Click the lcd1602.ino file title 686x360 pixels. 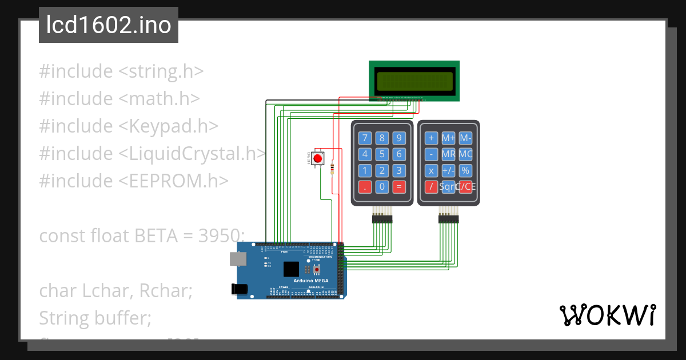109,26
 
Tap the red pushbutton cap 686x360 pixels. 318,158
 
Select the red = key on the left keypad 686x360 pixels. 399,186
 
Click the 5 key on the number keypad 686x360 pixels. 382,154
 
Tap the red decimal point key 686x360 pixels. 365,186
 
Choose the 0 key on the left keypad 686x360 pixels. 382,186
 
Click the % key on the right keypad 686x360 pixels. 465,170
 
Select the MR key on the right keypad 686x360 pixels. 449,154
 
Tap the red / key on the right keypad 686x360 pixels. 432,186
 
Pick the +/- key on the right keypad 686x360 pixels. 449,170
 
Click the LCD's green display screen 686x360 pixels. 414,81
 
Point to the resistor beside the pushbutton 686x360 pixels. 332,167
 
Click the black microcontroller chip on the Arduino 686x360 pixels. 291,269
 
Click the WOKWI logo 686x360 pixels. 607,315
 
